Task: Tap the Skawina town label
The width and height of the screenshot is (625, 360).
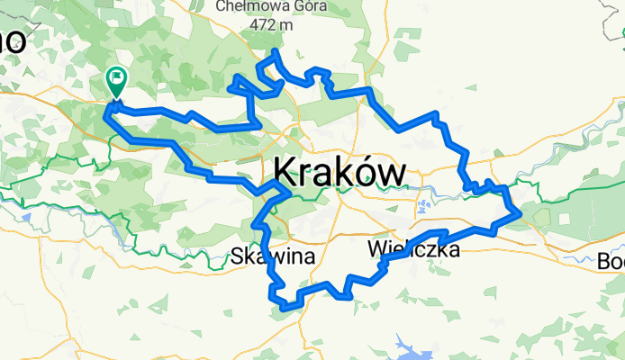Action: click(273, 256)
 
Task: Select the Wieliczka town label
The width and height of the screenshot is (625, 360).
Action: click(414, 248)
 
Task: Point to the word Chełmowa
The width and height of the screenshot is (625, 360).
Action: click(254, 8)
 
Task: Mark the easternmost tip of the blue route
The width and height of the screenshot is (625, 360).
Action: click(520, 214)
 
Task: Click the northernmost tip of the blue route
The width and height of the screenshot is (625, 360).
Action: click(274, 51)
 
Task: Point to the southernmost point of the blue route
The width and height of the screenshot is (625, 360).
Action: click(285, 308)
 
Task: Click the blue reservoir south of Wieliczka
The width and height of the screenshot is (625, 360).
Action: click(410, 341)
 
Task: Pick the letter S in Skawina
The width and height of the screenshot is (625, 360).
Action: click(237, 256)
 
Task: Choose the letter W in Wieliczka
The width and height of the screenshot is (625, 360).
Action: click(377, 248)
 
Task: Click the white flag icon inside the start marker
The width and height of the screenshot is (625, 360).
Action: click(117, 78)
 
